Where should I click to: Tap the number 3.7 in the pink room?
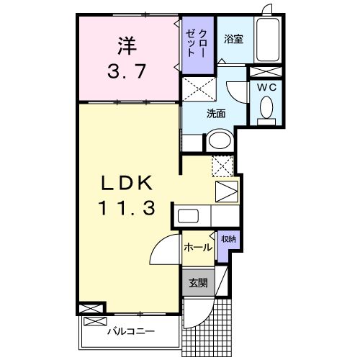(x=127, y=72)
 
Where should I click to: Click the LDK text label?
(x=127, y=181)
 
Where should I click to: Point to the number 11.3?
(x=127, y=208)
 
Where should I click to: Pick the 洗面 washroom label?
(x=217, y=113)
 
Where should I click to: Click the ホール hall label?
(x=198, y=248)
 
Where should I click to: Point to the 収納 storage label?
(x=228, y=239)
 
